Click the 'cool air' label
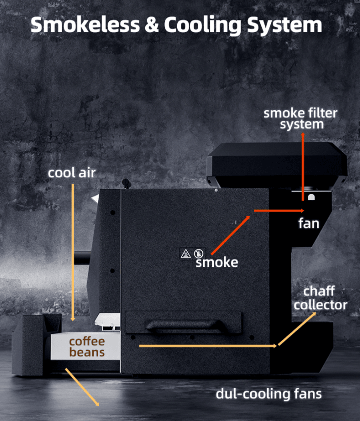click(x=72, y=173)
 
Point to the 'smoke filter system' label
click(x=300, y=119)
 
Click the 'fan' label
click(x=308, y=223)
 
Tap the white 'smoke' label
click(x=216, y=262)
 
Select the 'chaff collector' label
click(x=320, y=298)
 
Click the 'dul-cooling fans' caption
click(x=268, y=393)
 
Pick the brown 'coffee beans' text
click(x=87, y=347)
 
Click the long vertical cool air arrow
click(x=73, y=250)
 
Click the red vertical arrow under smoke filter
click(x=303, y=170)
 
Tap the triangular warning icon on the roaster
click(x=185, y=254)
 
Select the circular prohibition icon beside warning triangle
click(x=198, y=254)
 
